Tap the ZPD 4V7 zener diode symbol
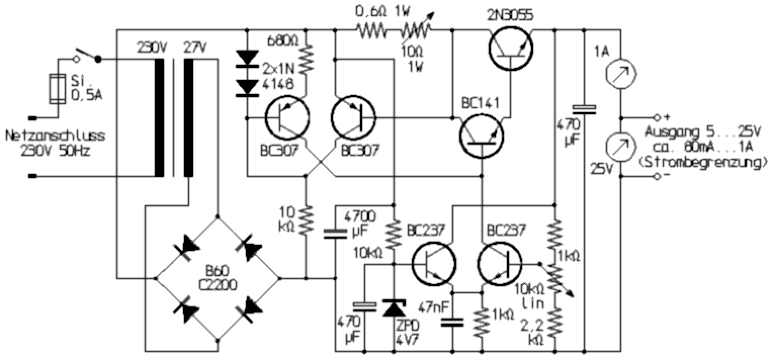[393, 308]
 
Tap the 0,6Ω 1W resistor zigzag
[372, 31]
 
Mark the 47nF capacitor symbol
[452, 323]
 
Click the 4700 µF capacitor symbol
[336, 233]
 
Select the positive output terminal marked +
[657, 117]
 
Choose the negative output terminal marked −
[657, 176]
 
